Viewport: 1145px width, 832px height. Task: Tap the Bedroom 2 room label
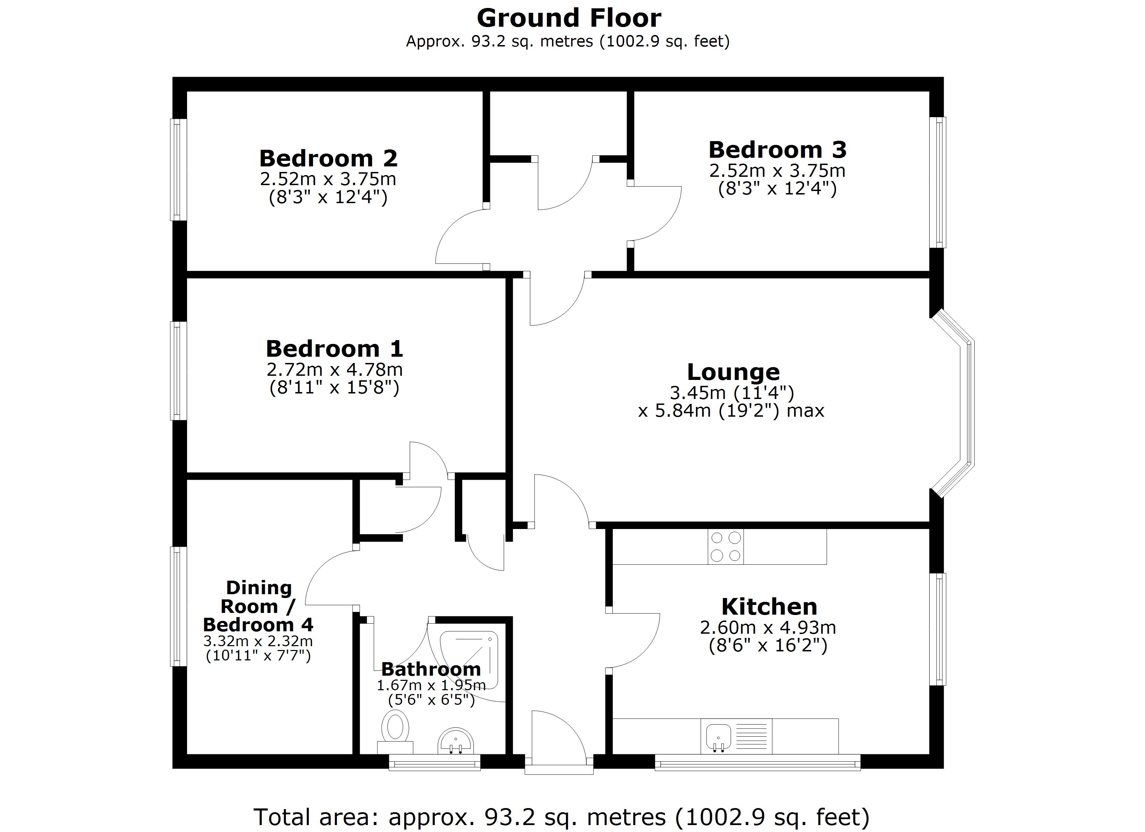(x=328, y=158)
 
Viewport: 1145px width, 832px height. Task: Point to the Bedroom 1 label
(x=334, y=349)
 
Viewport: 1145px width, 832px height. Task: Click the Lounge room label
(x=733, y=372)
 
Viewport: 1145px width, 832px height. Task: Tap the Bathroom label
(x=431, y=669)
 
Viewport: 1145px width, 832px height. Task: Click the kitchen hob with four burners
(x=726, y=546)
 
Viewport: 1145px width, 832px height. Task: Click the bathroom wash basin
(x=455, y=741)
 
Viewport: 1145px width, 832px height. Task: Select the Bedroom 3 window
(x=938, y=183)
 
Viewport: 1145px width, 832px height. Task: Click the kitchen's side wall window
(x=938, y=629)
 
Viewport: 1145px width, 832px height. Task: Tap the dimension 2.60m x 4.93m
(x=768, y=628)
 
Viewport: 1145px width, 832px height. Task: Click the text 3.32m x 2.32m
(x=258, y=641)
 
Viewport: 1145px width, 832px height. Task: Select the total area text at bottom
(x=561, y=816)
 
